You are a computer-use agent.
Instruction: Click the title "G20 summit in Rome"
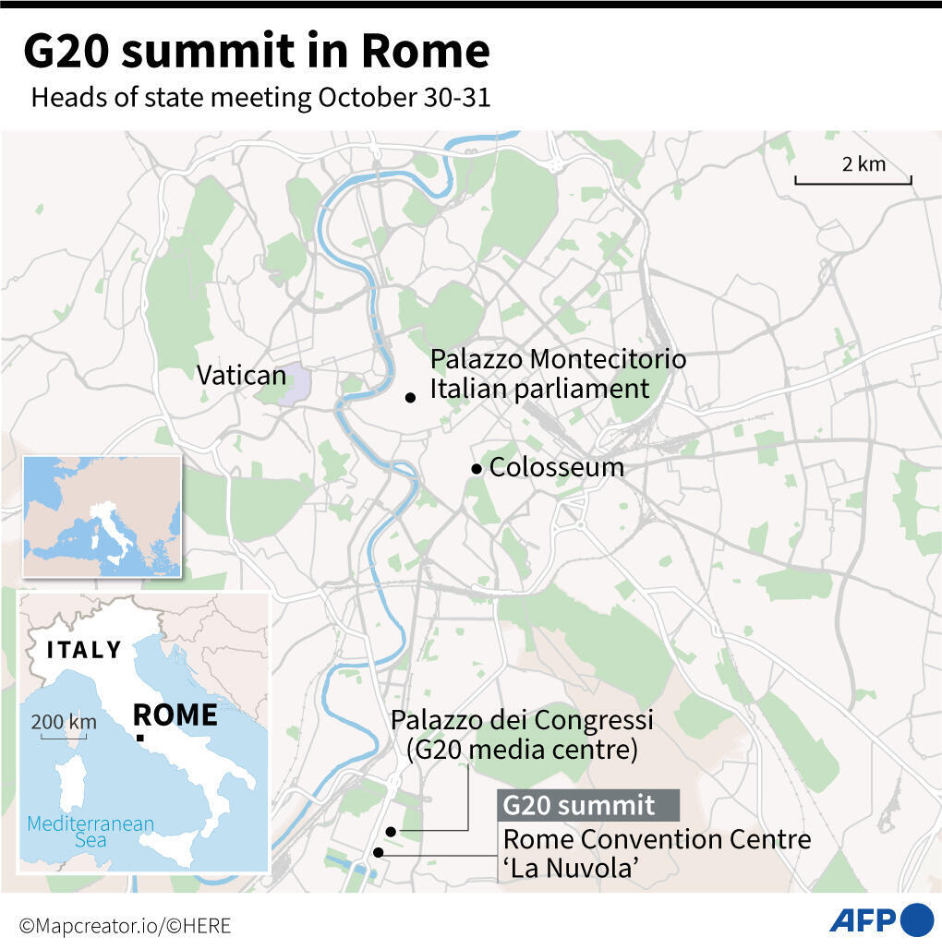pos(256,53)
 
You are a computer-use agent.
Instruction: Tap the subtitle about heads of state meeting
pos(260,98)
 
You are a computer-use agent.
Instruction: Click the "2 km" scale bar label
pos(863,164)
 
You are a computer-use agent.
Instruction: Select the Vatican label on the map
pos(241,375)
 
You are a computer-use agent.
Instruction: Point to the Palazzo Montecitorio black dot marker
pos(410,398)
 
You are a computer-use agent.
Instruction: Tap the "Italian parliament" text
pos(539,389)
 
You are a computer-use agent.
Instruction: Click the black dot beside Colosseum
pos(477,469)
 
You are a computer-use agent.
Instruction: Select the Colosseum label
pos(556,467)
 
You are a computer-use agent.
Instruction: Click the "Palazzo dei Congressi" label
pos(522,719)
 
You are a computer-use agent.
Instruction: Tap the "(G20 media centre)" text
pos(522,750)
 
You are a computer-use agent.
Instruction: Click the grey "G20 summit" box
pos(588,805)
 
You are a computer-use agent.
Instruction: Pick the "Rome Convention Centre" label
pos(657,840)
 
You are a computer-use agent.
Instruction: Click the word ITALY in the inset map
pos(84,650)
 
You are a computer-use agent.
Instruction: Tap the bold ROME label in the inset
pos(175,715)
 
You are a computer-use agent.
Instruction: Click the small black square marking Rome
pos(139,738)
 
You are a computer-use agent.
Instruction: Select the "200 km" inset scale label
pos(64,721)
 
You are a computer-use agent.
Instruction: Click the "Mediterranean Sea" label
pos(91,832)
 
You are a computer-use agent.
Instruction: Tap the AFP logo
pos(881,919)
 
